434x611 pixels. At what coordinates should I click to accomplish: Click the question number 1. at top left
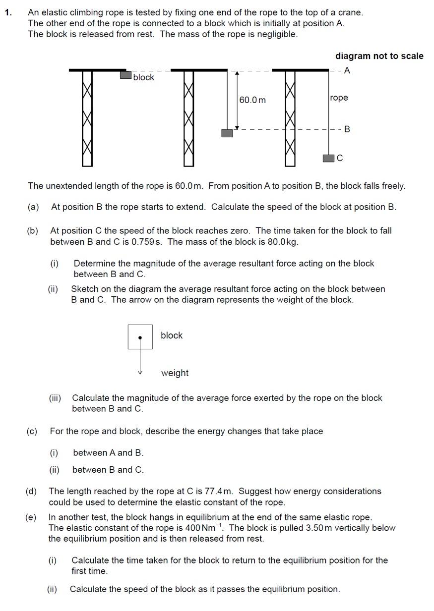point(8,12)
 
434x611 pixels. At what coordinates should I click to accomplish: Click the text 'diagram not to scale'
point(379,56)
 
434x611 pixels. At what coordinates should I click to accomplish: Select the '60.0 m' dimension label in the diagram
point(252,100)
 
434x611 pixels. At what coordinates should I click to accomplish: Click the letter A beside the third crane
point(347,70)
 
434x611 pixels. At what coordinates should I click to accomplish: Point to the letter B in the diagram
point(347,129)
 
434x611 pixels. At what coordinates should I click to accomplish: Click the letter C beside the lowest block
point(340,158)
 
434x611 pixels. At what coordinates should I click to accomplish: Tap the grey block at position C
point(328,158)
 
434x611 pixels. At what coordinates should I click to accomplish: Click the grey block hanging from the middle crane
point(227,133)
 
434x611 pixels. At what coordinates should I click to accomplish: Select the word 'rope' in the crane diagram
point(339,98)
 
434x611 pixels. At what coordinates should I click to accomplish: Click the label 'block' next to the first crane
point(144,77)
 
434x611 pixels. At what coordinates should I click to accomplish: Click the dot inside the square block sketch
point(140,337)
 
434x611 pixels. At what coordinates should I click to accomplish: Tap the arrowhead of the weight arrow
point(140,372)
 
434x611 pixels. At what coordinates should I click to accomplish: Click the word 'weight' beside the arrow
point(175,373)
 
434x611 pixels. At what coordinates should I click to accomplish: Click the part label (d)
point(31,491)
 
